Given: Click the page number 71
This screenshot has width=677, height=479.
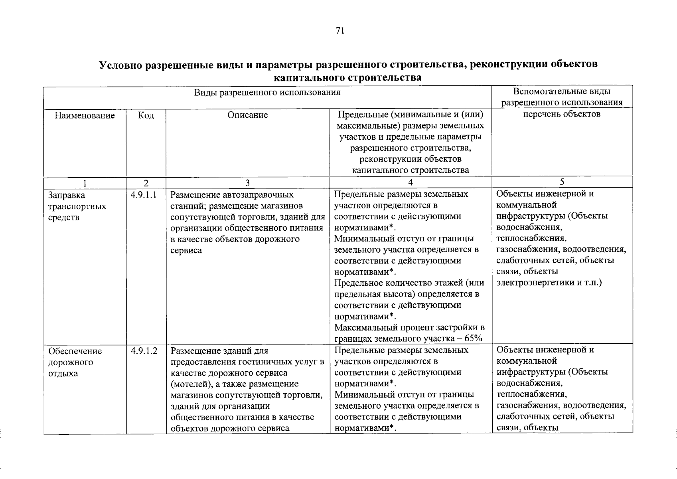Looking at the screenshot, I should click(340, 31).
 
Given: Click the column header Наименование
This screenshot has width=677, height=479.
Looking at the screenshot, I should click(85, 116).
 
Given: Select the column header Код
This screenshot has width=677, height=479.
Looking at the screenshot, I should click(146, 116).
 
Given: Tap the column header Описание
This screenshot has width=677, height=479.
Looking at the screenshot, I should click(247, 115).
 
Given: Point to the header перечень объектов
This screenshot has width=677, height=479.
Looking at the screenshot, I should click(562, 114).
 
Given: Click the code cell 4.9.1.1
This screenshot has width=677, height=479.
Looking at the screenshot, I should click(143, 195).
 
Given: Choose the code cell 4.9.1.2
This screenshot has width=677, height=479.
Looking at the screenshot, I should click(144, 351).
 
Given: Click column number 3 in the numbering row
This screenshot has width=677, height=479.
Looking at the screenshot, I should click(247, 183).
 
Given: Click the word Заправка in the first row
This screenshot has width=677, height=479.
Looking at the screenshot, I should click(67, 196).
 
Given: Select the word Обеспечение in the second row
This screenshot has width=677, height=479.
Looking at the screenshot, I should click(75, 351).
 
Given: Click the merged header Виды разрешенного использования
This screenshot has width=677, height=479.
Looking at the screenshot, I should click(267, 93).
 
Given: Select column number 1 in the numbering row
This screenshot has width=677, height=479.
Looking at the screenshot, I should click(85, 183).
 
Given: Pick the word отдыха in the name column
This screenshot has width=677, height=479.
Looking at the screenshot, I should click(63, 374).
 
